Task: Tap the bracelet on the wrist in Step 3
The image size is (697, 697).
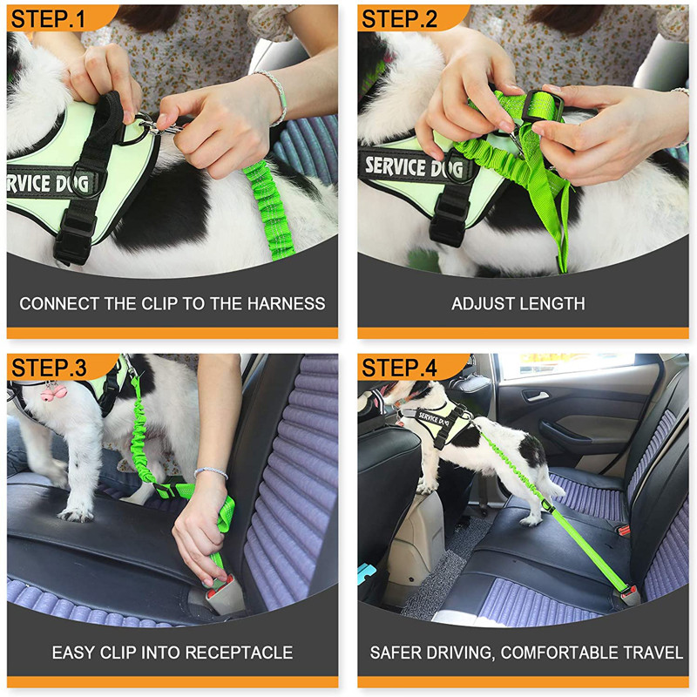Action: pos(211,473)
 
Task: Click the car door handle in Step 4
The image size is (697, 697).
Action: pos(534,396)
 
